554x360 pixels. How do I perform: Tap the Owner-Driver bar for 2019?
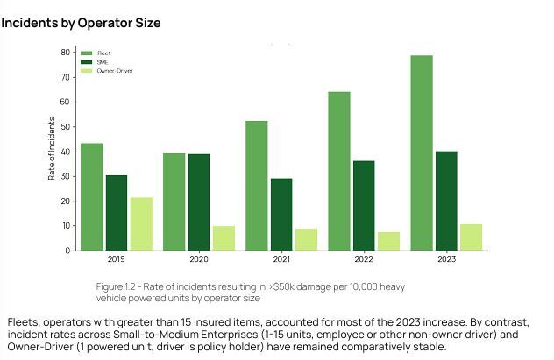(141, 224)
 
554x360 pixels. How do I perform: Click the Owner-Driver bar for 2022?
(388, 241)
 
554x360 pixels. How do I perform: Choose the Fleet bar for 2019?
(91, 197)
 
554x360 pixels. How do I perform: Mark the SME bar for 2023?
(446, 201)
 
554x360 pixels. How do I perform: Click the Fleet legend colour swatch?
(86, 53)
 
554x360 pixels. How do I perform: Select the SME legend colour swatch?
(86, 62)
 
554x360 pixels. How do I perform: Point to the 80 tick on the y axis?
(66, 52)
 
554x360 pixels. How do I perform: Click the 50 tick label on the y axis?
(66, 126)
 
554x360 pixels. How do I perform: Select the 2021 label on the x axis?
(281, 260)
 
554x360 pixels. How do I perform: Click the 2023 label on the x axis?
(446, 260)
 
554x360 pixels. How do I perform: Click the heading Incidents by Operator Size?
(81, 22)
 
